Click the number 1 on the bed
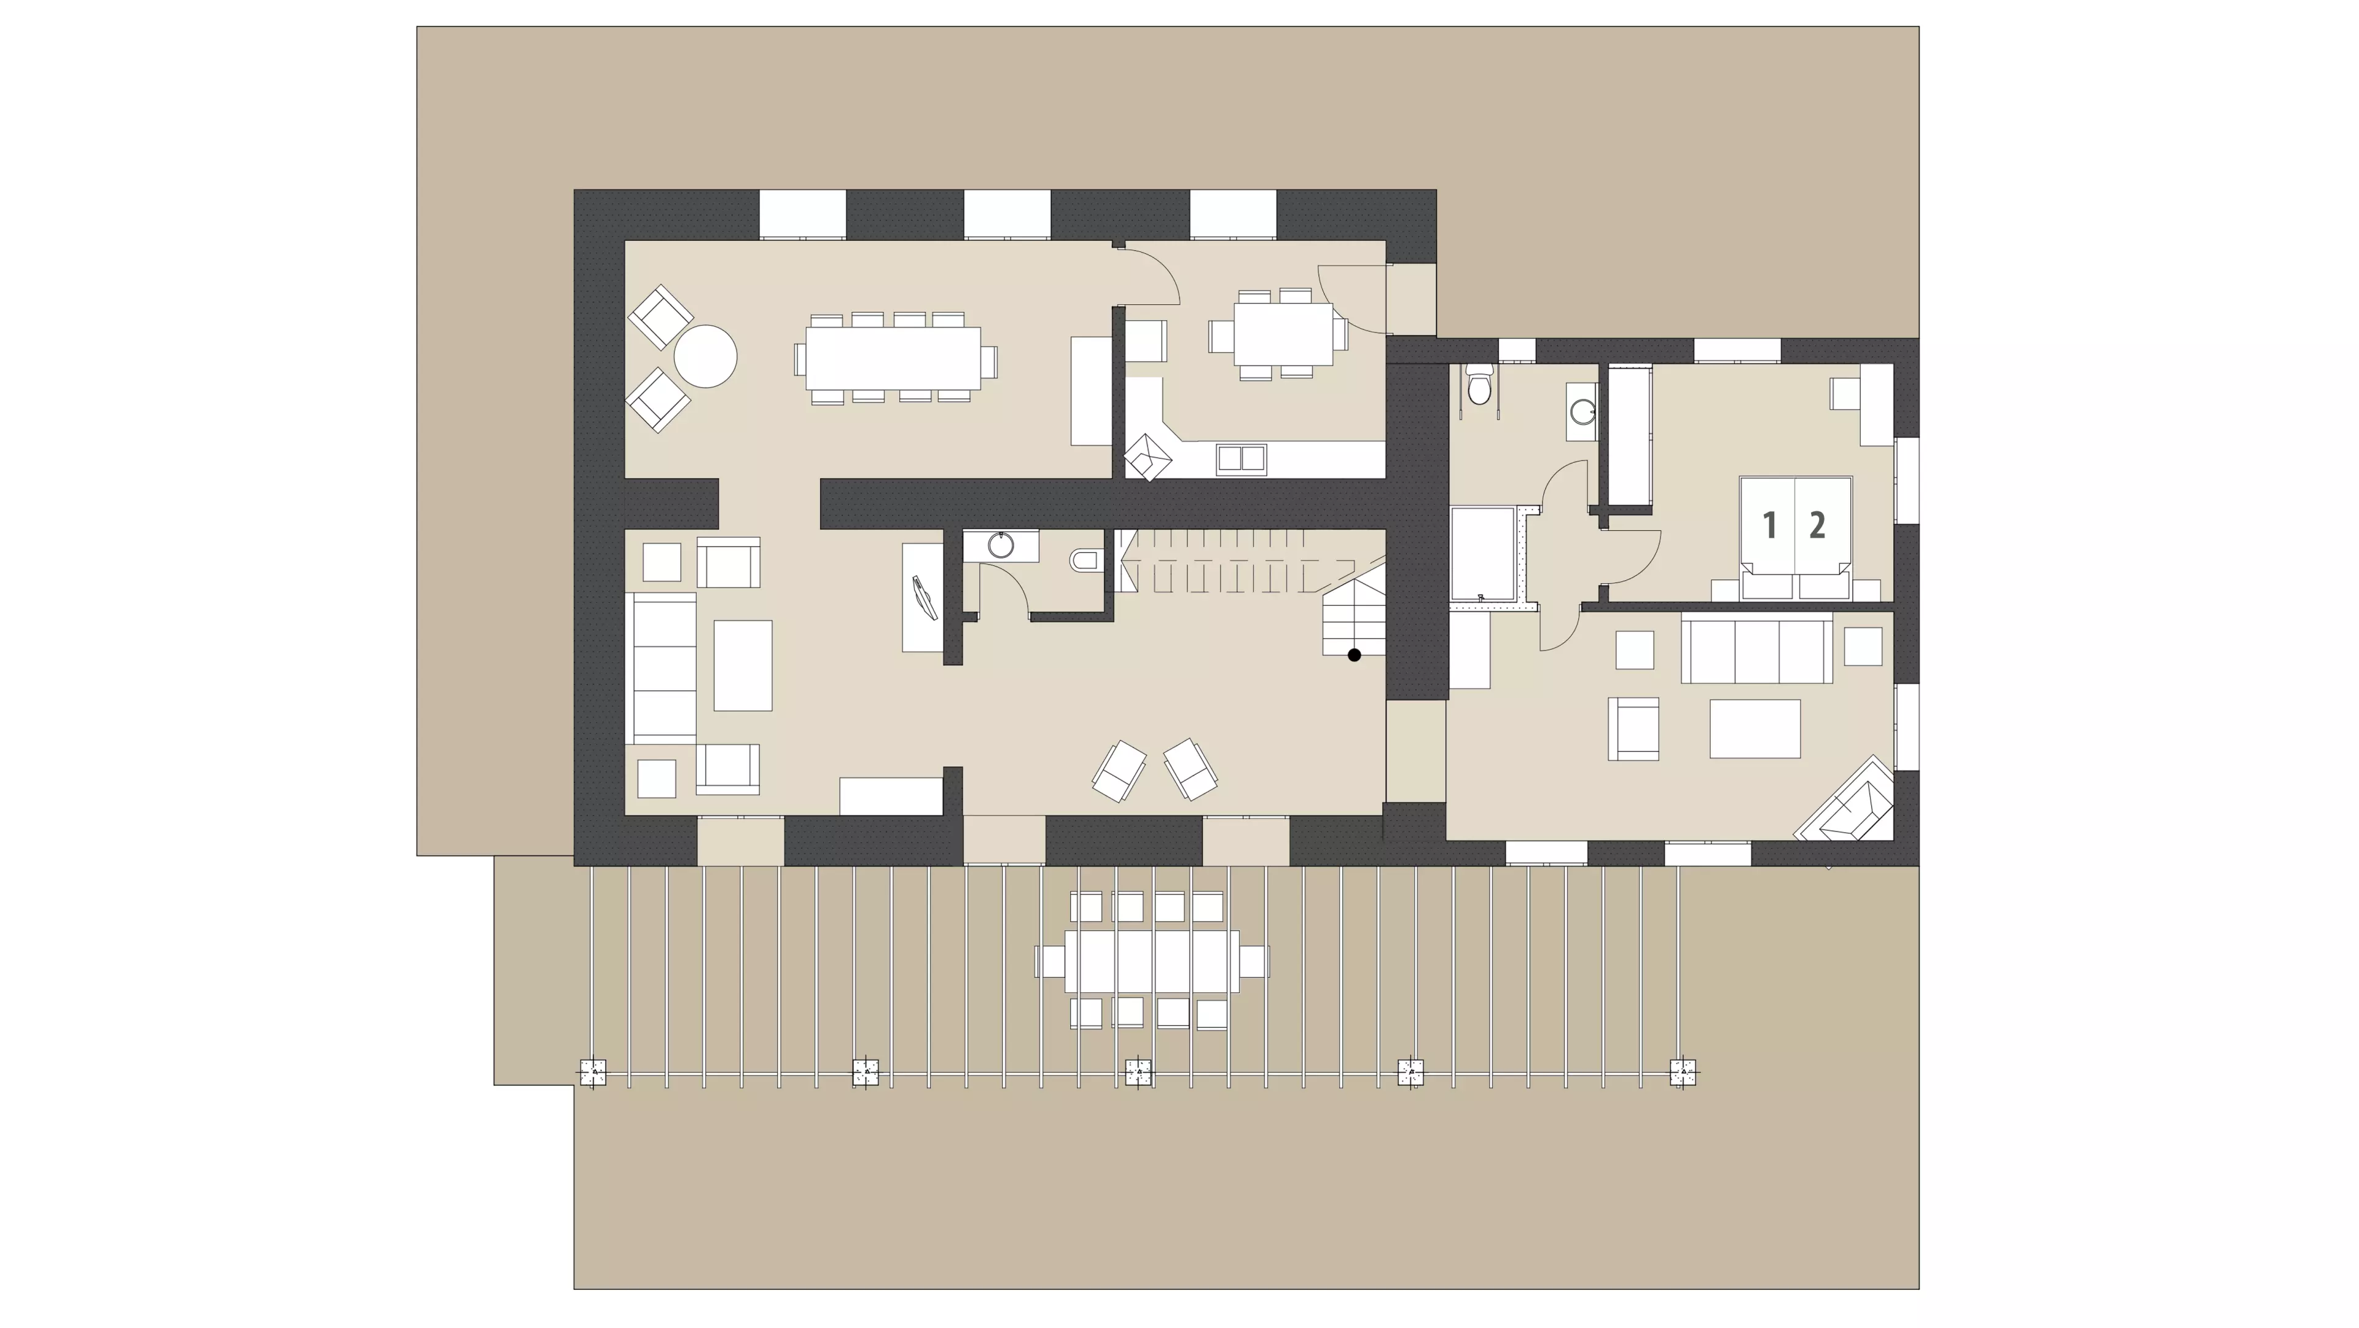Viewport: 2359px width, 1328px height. click(x=1769, y=525)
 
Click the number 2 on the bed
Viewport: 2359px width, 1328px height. click(x=1817, y=525)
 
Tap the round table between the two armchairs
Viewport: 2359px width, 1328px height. click(x=705, y=356)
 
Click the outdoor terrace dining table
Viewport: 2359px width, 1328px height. click(x=1152, y=961)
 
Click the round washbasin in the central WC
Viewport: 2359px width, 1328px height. click(x=1001, y=546)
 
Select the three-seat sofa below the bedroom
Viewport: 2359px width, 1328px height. click(x=1756, y=650)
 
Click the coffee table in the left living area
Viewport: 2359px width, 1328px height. click(x=743, y=665)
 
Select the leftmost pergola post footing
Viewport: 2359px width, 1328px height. click(x=593, y=1072)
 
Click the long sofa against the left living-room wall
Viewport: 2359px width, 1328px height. click(x=661, y=667)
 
